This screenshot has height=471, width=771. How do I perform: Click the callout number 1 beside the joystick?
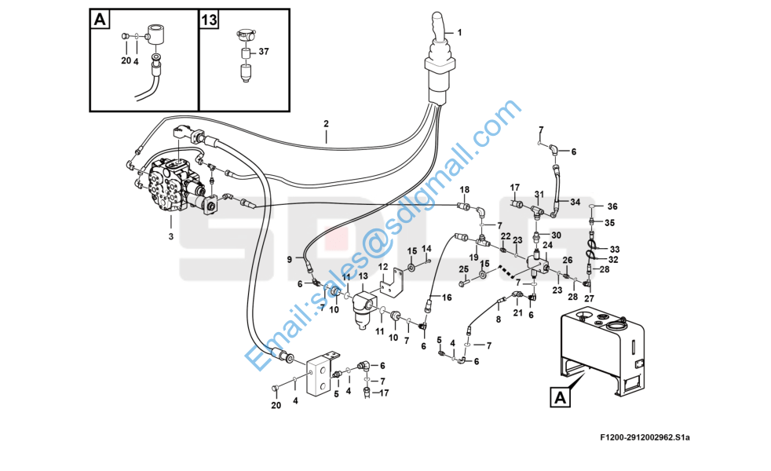[460, 32]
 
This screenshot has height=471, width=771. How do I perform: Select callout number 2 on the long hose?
[326, 123]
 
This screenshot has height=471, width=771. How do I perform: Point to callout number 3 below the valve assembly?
[170, 236]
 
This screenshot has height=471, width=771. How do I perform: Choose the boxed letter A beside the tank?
[560, 399]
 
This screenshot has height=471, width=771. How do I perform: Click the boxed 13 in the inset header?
[208, 20]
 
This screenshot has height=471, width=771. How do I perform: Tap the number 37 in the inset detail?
[264, 52]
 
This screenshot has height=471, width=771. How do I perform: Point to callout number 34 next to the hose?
[575, 202]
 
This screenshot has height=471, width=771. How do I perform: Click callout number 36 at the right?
[612, 206]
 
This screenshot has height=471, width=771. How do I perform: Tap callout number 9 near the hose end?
[290, 259]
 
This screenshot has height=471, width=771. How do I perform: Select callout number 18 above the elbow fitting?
[464, 190]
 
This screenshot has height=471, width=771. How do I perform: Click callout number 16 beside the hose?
[447, 298]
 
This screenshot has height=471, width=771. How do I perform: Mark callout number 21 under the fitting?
[517, 313]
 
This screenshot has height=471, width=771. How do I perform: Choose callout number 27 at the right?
[588, 298]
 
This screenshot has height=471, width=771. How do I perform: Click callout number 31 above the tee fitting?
[539, 195]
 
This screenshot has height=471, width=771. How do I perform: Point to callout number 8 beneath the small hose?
[497, 319]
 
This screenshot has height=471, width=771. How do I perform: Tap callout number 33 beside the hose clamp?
[615, 249]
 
